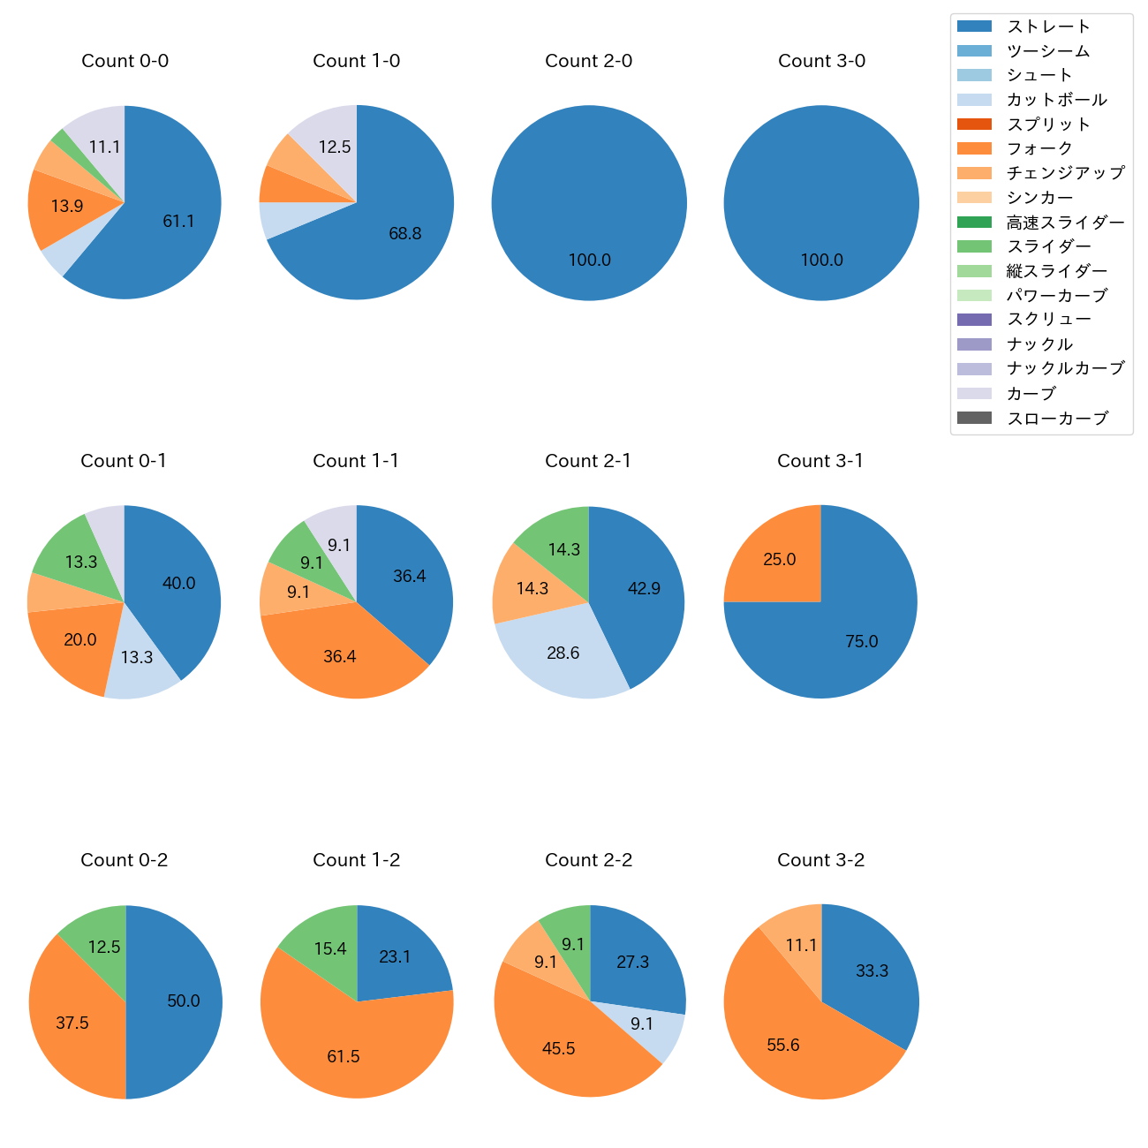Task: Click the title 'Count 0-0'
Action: [125, 61]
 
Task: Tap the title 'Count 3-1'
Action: [820, 461]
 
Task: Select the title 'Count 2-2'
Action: [588, 860]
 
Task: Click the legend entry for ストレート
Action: [1048, 26]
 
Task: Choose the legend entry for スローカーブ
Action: [1057, 419]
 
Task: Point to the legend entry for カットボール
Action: [1056, 100]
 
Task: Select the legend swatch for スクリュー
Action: [974, 320]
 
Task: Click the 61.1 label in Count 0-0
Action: [178, 221]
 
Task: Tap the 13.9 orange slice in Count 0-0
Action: [66, 207]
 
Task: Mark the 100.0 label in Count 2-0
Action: [589, 261]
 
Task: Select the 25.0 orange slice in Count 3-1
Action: [779, 560]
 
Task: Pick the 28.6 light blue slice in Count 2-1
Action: [563, 653]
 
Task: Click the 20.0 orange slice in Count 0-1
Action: [79, 640]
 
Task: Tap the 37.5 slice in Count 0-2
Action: [72, 1023]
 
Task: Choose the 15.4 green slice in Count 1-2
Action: [329, 949]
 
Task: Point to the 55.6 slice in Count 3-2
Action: [782, 1046]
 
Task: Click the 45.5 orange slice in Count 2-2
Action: [558, 1048]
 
